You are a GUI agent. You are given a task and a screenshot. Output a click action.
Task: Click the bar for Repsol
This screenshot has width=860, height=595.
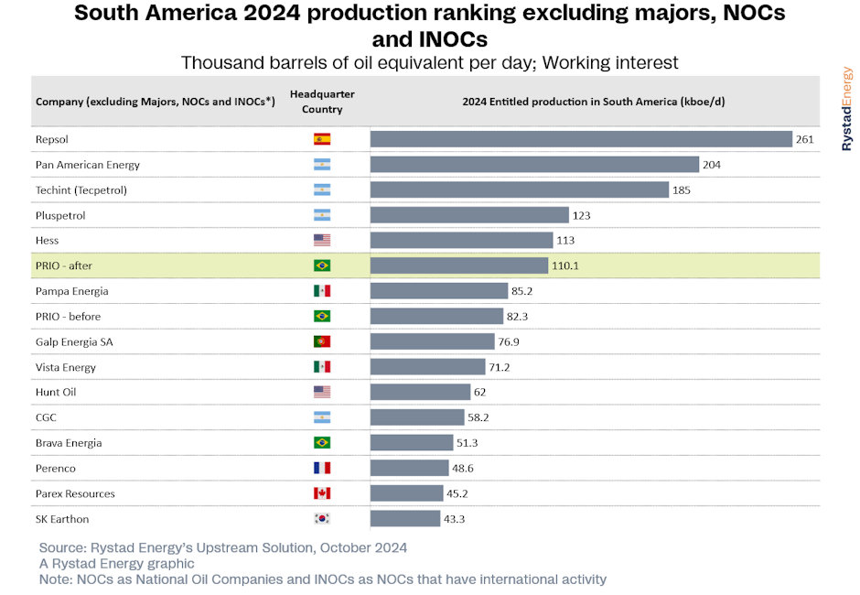(x=581, y=139)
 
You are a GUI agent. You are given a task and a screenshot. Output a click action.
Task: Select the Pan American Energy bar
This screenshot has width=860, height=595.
(x=535, y=164)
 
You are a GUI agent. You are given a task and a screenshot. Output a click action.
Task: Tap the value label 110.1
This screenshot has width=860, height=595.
(x=564, y=265)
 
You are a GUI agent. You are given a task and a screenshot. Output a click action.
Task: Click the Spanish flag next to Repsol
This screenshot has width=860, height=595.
(x=322, y=139)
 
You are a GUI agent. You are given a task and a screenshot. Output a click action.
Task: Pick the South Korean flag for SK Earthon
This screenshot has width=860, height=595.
(x=322, y=519)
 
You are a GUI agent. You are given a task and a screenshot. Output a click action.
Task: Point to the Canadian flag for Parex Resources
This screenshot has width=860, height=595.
(x=322, y=493)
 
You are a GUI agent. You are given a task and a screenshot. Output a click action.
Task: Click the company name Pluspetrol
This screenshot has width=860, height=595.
(x=60, y=216)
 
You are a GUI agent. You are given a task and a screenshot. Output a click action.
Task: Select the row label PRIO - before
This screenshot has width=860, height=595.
(x=68, y=317)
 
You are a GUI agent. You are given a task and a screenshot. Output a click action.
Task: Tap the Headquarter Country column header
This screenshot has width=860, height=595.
(x=322, y=102)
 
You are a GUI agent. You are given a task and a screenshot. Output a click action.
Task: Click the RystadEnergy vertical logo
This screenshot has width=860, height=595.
(x=847, y=109)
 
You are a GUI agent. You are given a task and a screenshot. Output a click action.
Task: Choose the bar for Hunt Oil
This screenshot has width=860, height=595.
(x=420, y=392)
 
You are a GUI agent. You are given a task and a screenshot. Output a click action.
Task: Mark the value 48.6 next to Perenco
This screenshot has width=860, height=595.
(x=463, y=468)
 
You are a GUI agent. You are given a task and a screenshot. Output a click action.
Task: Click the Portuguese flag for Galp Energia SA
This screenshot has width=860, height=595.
(x=322, y=341)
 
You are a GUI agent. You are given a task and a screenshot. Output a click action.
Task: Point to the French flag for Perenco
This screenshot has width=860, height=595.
(x=322, y=468)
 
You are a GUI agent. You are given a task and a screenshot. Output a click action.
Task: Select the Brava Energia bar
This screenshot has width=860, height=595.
(x=412, y=442)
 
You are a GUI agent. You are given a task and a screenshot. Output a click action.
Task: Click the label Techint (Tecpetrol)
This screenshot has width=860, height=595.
(x=81, y=190)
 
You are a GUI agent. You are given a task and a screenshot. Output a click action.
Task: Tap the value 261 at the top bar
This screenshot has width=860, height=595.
(x=804, y=139)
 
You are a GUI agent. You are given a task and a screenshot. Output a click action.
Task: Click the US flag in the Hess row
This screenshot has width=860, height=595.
(x=322, y=240)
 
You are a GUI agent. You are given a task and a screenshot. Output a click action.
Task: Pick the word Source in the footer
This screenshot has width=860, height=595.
(x=61, y=547)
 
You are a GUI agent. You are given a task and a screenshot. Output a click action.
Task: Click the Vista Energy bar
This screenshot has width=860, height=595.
(x=428, y=367)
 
